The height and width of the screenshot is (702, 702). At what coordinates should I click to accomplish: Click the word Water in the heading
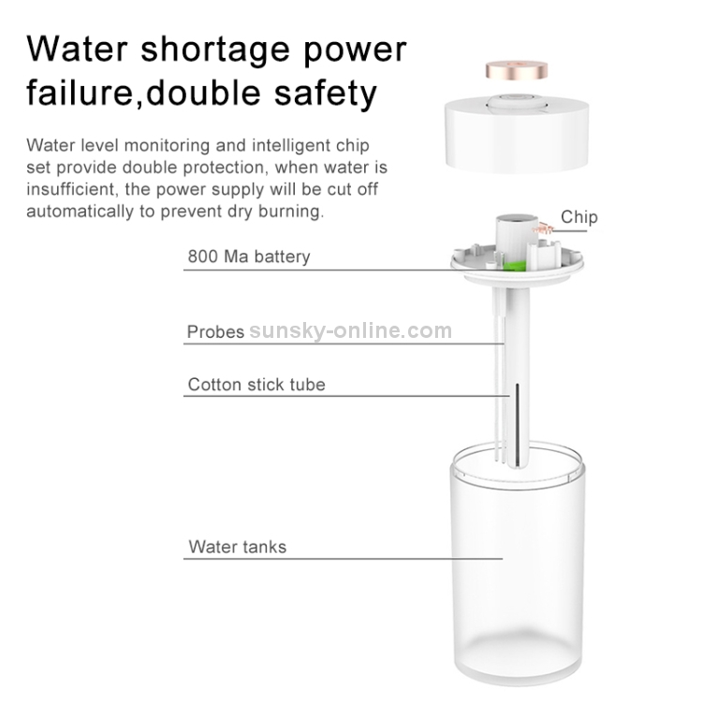(x=78, y=49)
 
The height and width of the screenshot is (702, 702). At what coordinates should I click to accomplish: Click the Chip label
(x=578, y=217)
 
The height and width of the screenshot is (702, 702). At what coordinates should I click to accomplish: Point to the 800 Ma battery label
(x=249, y=256)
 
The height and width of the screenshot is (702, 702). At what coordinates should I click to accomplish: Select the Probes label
(x=215, y=331)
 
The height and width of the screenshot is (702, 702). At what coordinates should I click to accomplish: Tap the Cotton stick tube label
(x=256, y=385)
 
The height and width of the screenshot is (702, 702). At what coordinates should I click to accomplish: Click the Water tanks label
(x=238, y=547)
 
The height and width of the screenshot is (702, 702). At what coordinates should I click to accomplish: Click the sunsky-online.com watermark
(x=351, y=330)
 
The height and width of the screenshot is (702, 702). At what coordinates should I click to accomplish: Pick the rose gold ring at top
(x=517, y=70)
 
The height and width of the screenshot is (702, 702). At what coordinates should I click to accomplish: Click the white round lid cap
(x=517, y=134)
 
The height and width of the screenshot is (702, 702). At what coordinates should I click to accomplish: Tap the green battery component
(x=513, y=266)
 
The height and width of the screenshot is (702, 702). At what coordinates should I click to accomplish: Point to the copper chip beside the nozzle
(x=543, y=229)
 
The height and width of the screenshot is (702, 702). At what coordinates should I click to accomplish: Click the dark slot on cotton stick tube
(x=518, y=424)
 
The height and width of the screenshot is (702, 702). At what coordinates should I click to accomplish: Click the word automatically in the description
(x=80, y=212)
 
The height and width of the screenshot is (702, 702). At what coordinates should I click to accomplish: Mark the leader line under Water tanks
(x=343, y=559)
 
